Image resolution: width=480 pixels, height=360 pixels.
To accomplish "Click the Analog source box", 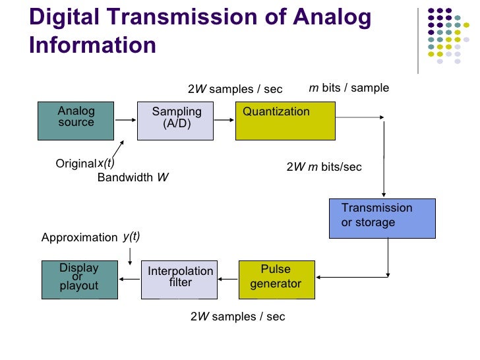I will [x=76, y=121].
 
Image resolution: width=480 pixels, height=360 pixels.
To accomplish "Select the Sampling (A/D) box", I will [x=175, y=121].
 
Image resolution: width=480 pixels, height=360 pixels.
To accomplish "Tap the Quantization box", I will [x=276, y=121].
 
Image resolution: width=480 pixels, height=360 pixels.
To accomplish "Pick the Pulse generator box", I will [x=276, y=280].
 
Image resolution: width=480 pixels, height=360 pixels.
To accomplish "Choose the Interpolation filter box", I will [x=179, y=280].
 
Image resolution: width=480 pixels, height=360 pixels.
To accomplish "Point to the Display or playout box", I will [x=79, y=280].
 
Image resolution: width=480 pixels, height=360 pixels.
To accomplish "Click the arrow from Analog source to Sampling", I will [x=125, y=121].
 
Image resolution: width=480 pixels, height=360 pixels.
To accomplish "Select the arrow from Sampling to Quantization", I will [x=224, y=121].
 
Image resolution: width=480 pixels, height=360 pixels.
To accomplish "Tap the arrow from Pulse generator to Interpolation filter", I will [x=227, y=279].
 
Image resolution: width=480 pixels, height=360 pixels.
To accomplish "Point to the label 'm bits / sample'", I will [x=349, y=88].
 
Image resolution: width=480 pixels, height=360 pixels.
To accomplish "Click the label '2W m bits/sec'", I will [x=324, y=167].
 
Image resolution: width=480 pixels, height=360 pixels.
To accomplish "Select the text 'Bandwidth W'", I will [x=133, y=177].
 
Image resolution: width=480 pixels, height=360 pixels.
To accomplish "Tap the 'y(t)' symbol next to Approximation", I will [x=131, y=237].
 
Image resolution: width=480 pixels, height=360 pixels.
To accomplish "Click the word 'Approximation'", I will [x=79, y=237].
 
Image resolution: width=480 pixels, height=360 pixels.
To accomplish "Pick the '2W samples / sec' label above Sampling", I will [x=235, y=89].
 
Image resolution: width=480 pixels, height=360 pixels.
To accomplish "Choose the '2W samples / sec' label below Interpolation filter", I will [x=237, y=316].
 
